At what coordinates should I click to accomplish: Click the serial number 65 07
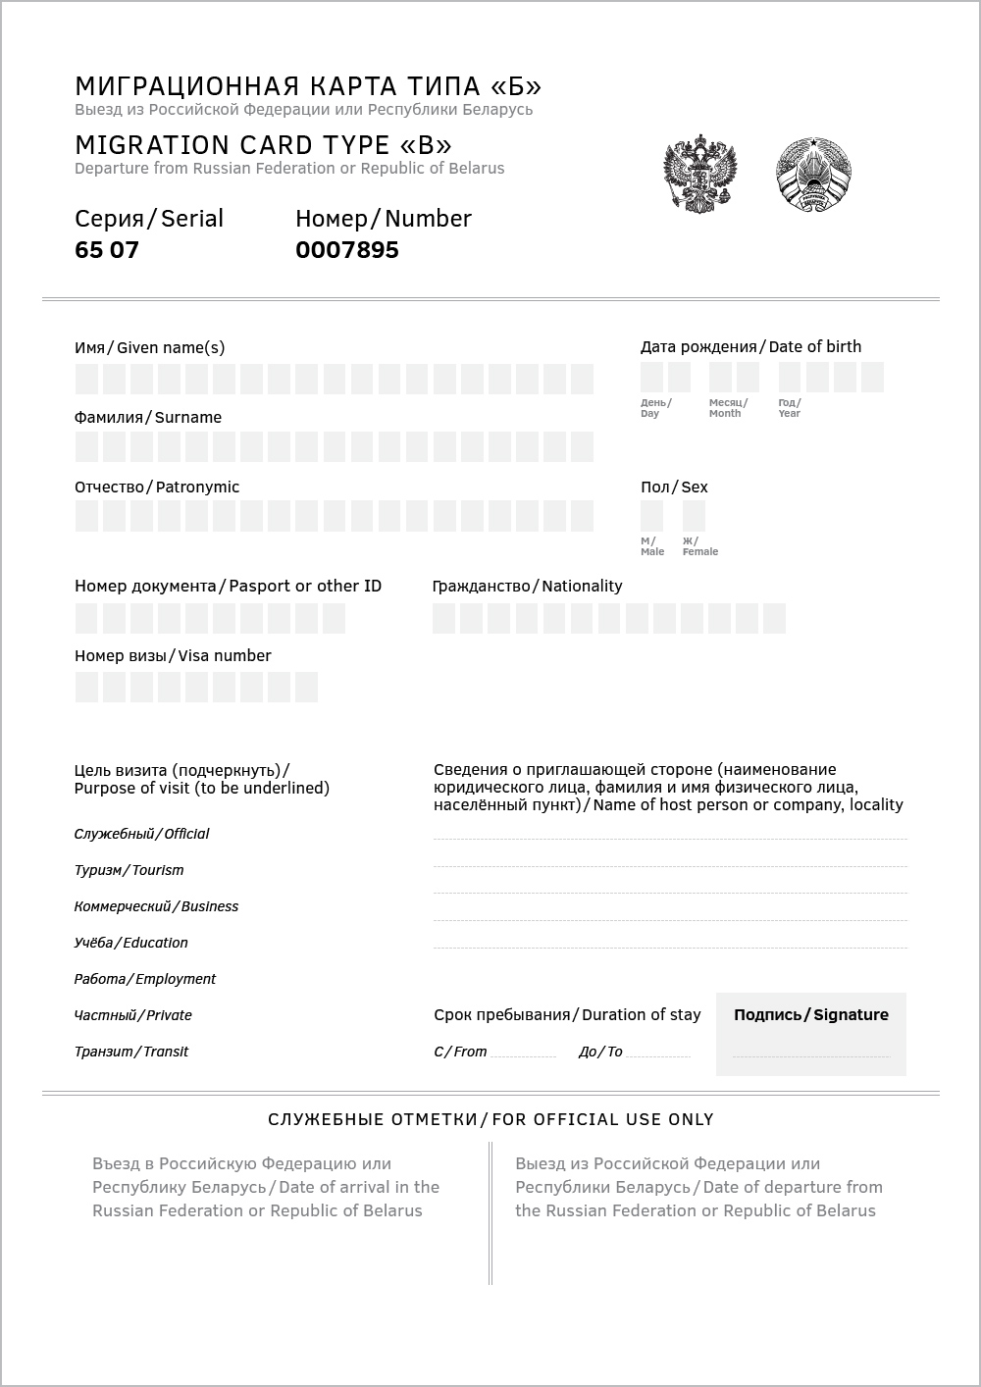click(x=107, y=250)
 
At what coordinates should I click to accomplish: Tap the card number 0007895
click(x=347, y=250)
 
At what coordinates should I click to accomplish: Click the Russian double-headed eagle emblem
click(x=700, y=175)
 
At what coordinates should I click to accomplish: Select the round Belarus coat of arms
click(x=813, y=175)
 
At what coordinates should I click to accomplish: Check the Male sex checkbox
click(x=651, y=516)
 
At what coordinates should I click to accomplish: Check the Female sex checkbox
click(x=694, y=516)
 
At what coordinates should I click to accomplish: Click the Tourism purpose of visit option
click(x=129, y=870)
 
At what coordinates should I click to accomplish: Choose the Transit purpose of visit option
click(x=131, y=1052)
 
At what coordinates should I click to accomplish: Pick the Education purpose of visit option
click(x=131, y=943)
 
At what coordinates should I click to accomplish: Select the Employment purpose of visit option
click(x=145, y=979)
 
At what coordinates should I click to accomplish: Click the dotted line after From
click(x=523, y=1053)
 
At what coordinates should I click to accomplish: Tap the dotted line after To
click(x=657, y=1053)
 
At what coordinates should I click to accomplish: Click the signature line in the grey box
click(x=811, y=1053)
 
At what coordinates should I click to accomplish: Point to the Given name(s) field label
click(x=149, y=347)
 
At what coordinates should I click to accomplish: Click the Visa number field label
click(x=173, y=655)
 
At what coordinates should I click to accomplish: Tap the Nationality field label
click(x=528, y=586)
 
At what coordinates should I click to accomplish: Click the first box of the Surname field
click(x=86, y=447)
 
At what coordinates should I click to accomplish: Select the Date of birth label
click(x=750, y=346)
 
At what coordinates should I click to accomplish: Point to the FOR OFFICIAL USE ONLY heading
click(x=490, y=1119)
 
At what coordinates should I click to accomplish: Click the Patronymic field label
click(x=157, y=487)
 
